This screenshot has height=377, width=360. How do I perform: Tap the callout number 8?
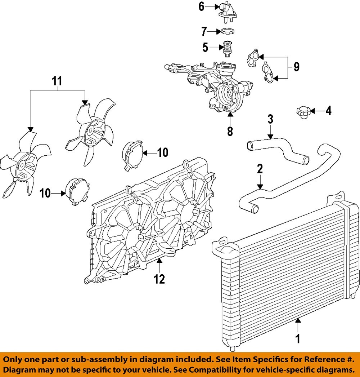pos(230,131)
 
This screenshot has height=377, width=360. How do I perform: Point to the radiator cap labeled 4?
pos(302,112)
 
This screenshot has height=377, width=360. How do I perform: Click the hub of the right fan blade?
pos(92,130)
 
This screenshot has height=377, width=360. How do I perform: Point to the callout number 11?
pos(57,81)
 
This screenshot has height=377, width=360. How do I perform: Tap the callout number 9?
pos(296,67)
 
